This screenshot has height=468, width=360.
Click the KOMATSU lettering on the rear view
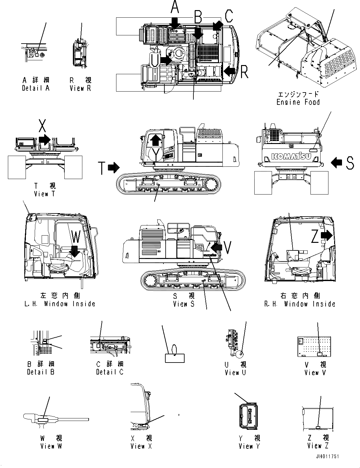coord(291,156)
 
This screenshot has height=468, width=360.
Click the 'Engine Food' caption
coord(298,102)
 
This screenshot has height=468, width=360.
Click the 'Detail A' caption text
coord(36,88)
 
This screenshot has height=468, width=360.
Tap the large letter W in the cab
coord(76,237)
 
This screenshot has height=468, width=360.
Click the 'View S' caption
coord(184,304)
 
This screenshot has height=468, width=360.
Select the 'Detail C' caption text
coord(110,372)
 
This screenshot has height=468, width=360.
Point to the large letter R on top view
coord(244,72)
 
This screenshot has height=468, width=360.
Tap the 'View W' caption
coord(51,446)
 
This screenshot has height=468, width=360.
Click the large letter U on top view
coord(154,59)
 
